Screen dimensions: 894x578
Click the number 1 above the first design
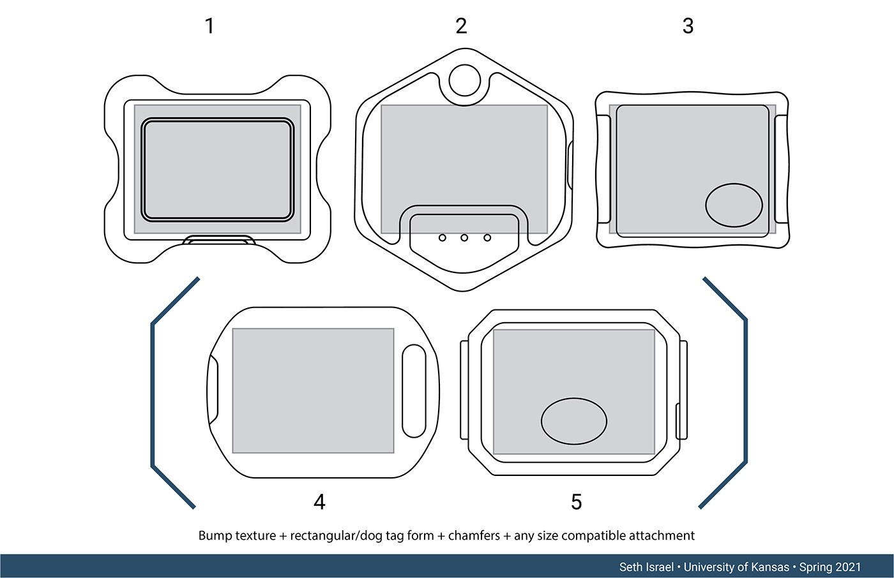(x=209, y=26)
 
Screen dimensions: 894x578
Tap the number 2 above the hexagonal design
(x=461, y=26)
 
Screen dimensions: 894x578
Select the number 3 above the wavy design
(x=688, y=26)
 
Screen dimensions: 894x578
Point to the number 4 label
(x=319, y=502)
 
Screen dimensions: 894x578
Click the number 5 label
(x=576, y=502)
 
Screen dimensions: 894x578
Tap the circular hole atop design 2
(x=464, y=80)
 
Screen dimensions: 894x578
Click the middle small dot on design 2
(x=464, y=238)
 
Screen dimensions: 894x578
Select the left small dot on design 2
(x=442, y=238)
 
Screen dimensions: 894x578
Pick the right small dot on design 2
(x=487, y=238)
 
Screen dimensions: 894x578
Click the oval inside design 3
(x=734, y=205)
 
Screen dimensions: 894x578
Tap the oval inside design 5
(x=574, y=421)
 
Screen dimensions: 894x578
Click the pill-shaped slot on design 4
(x=414, y=391)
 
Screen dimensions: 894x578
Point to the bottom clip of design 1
(x=218, y=241)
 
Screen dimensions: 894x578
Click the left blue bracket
(x=153, y=392)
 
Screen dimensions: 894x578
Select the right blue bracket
(x=745, y=392)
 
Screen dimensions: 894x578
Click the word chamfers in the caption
(x=474, y=536)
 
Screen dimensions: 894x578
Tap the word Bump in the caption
(x=214, y=536)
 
